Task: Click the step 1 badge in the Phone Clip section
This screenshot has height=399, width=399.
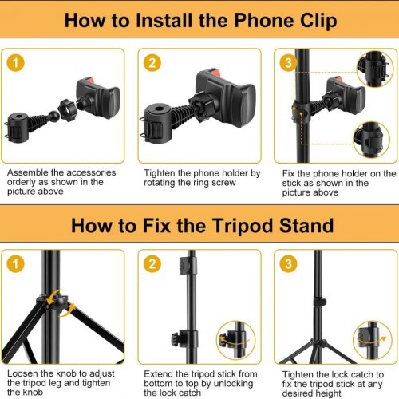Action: coord(15,63)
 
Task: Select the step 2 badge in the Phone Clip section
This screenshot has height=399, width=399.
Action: coord(152,63)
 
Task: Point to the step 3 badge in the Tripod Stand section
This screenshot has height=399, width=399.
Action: coord(288,264)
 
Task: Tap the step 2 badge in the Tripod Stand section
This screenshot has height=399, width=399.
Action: coord(152,264)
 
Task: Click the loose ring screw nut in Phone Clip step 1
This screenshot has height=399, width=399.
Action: coord(67,110)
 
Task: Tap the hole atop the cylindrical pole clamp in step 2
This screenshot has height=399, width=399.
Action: coord(160,109)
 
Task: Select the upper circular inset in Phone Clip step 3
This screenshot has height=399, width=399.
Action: coord(374,69)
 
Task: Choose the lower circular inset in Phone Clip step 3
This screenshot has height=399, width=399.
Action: coord(372,140)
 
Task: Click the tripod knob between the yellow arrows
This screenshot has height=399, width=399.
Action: coord(60,303)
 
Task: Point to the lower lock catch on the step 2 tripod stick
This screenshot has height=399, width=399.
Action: coord(182,338)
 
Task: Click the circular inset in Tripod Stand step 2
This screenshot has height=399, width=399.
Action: coord(235,340)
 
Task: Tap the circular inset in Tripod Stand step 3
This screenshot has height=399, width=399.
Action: coord(373,340)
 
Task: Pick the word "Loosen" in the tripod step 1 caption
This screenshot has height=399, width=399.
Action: coord(22,373)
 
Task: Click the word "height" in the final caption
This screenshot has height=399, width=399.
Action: coord(327,393)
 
